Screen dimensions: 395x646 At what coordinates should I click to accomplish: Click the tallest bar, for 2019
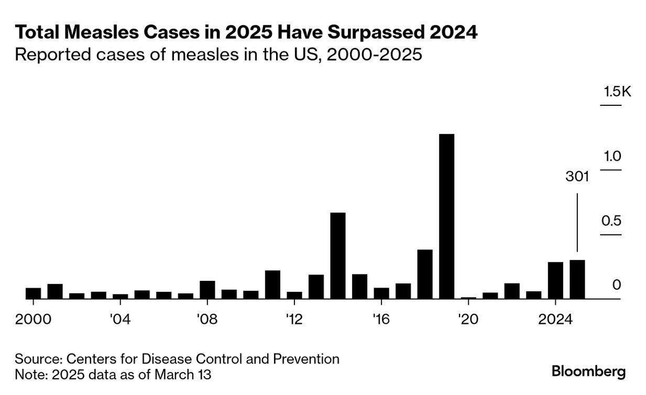coord(446,216)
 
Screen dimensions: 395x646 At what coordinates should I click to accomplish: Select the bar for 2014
coord(338,255)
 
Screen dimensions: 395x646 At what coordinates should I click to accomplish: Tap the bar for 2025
coord(577,279)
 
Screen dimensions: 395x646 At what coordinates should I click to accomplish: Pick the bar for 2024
coord(555,280)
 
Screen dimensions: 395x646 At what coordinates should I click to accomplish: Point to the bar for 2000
coord(33,293)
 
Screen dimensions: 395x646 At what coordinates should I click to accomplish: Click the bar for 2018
coord(425,274)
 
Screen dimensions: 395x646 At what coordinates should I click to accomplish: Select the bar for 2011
coord(272,284)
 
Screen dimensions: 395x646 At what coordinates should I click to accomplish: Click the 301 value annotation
coord(577,177)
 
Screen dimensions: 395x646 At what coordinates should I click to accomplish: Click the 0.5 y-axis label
coord(611,221)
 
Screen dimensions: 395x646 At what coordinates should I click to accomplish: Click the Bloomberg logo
coord(588,372)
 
